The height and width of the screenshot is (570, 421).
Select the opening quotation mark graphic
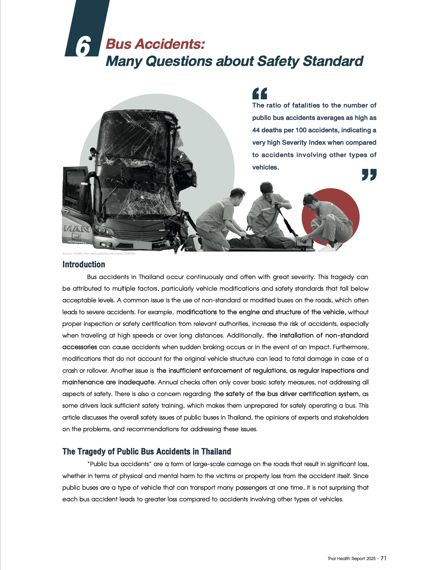[260, 93]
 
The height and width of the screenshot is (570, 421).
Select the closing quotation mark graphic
[369, 175]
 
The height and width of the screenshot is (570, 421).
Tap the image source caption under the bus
[99, 254]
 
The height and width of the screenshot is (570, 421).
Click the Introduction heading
[84, 264]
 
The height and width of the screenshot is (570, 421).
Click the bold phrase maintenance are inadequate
[109, 382]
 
